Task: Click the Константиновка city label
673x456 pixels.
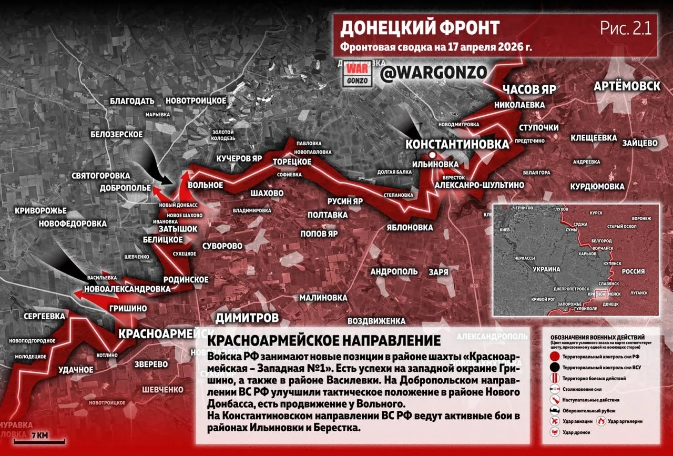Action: coord(457,144)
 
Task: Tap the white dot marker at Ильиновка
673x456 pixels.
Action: coord(432,155)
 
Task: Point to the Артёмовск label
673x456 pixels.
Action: coord(627,86)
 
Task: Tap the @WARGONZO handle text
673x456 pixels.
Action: coord(433,73)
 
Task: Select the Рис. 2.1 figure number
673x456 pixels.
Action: coord(625,28)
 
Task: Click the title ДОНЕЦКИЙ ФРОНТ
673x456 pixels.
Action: coord(420,28)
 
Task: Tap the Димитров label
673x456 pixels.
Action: coord(247,318)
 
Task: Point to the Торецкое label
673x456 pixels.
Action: coord(292,162)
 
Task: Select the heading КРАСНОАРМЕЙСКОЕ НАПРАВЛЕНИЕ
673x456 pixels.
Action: coord(324,340)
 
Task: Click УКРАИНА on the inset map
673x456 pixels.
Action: coord(547,269)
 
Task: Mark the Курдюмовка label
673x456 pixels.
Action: coord(597,187)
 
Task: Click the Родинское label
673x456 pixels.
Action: coord(186,279)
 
